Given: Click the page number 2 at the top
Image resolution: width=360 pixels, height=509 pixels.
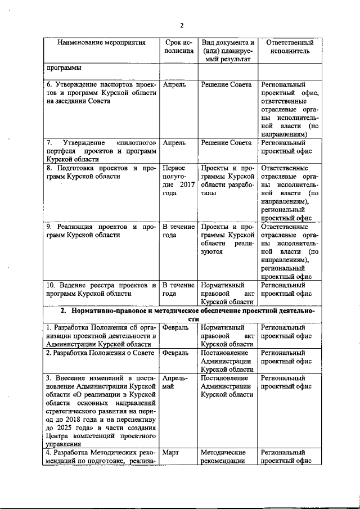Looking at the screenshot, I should [181, 25].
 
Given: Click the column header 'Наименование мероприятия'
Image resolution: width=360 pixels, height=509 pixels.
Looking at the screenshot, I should [101, 43].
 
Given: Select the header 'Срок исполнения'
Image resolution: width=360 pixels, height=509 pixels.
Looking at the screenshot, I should [179, 47].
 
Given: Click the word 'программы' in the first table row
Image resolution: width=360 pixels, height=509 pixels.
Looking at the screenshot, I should [64, 69].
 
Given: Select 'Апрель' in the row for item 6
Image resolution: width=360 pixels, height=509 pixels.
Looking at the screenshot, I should [174, 84].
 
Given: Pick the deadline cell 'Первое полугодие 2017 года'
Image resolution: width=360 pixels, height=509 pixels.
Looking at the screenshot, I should [177, 181].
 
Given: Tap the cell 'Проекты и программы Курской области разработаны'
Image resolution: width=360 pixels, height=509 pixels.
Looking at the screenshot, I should [228, 181].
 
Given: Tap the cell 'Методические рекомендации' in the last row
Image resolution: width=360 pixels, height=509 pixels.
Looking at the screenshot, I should [223, 457].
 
